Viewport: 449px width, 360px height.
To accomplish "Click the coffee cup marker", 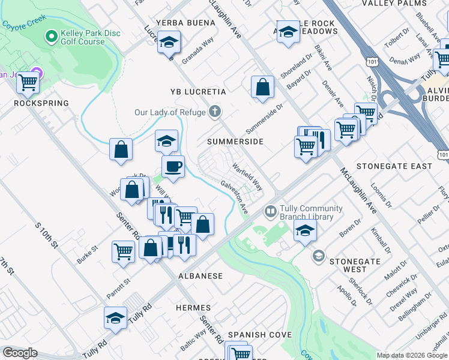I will (173, 166).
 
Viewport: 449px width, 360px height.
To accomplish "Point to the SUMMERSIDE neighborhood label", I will (235, 142).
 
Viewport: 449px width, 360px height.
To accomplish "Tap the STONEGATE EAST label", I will (394, 166).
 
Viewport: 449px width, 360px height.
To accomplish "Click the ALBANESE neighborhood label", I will (200, 276).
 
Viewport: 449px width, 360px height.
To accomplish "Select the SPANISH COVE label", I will (260, 334).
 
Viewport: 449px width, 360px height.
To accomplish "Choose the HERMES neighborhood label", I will (193, 307).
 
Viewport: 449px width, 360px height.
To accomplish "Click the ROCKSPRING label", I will (41, 103).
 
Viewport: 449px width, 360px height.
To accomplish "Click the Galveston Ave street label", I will (234, 197).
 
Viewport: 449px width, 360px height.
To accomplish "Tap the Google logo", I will (20, 353).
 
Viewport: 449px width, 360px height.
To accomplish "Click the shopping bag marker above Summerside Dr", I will (262, 87).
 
